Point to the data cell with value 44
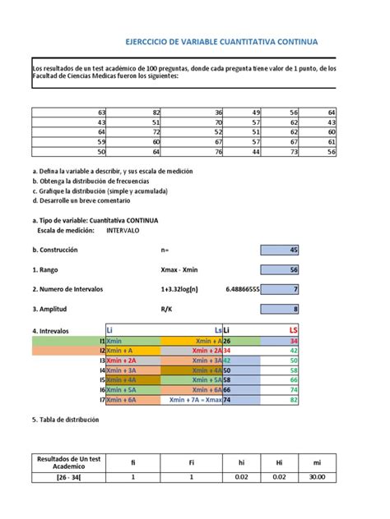point(256,151)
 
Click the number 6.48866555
point(242,289)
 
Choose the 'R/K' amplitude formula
point(167,309)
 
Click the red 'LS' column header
point(292,329)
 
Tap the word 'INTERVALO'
point(125,231)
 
